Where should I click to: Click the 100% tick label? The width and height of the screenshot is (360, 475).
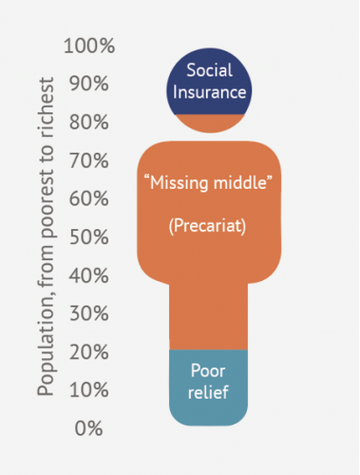[90, 46]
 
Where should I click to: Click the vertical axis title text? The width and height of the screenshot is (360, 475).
[45, 237]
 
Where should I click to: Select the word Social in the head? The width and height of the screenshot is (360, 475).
[210, 71]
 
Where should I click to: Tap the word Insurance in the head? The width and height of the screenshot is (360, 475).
[210, 92]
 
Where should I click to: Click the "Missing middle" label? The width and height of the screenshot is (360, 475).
[209, 180]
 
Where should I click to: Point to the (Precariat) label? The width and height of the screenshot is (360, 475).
[209, 228]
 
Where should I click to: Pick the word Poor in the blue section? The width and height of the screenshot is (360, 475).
[208, 371]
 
